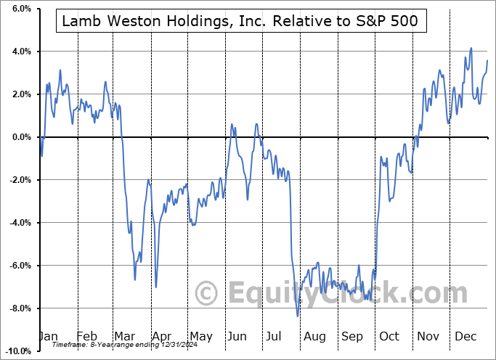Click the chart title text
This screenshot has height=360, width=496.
[240, 21]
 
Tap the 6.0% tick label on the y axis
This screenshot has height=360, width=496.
[20, 9]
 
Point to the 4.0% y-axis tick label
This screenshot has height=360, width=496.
[20, 52]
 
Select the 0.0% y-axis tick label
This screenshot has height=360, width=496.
[20, 137]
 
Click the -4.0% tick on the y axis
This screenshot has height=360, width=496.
[19, 223]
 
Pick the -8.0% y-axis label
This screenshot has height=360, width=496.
[19, 308]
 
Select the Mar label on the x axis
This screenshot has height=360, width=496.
[125, 336]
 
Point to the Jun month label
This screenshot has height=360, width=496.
[238, 336]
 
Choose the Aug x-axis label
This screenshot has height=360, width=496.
[315, 336]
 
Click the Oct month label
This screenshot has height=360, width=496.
[390, 336]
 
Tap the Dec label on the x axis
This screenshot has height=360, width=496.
[465, 336]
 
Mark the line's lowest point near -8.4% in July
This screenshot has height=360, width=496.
[297, 316]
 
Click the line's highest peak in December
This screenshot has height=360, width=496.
[471, 48]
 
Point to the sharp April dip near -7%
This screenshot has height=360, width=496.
[156, 287]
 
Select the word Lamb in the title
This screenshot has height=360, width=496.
[81, 21]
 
